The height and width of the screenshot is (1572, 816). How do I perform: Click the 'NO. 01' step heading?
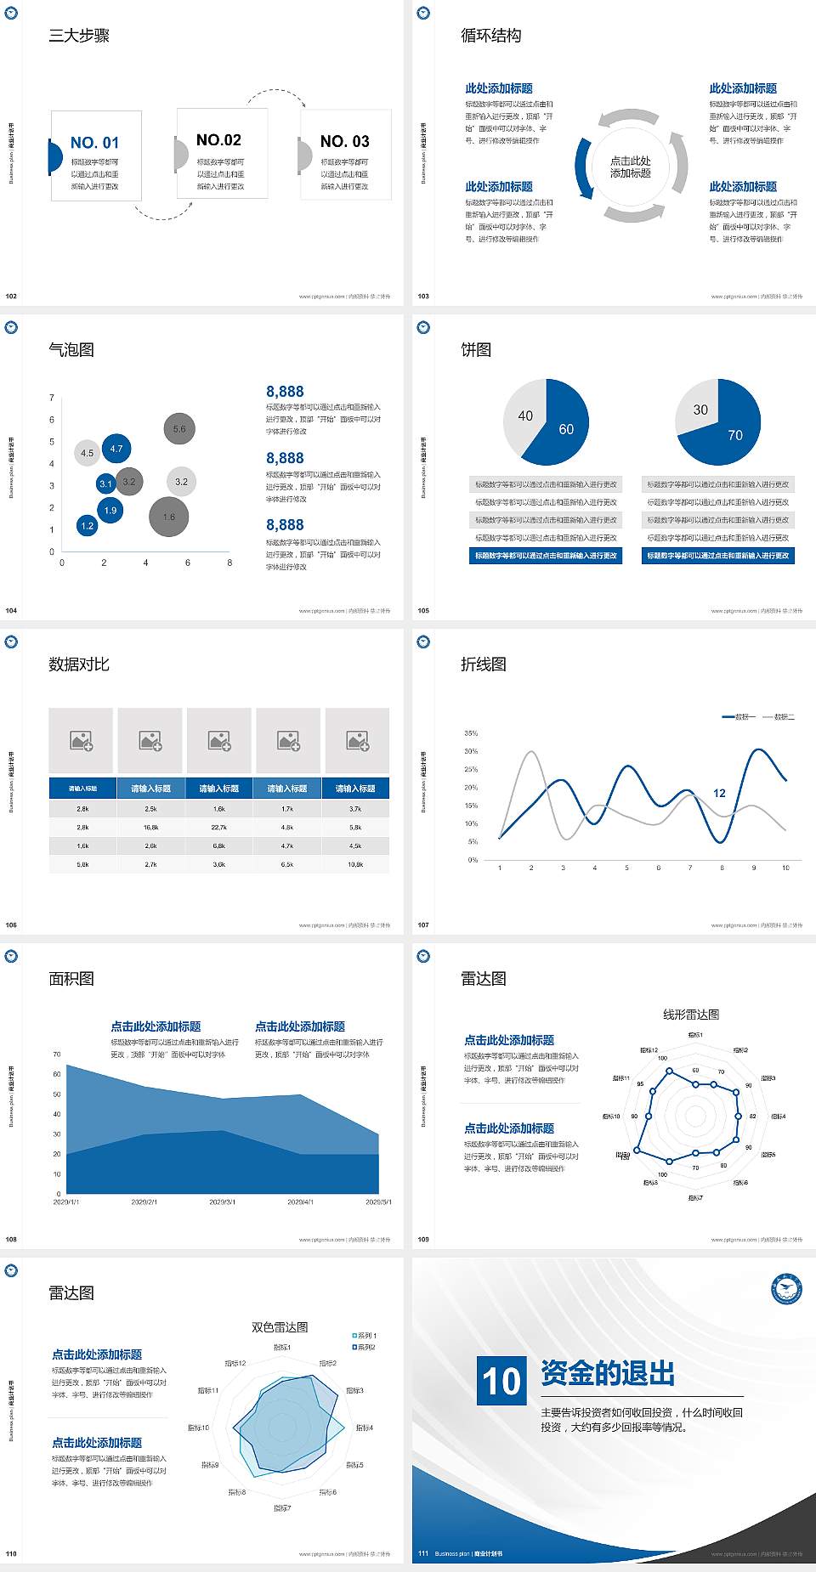tap(94, 143)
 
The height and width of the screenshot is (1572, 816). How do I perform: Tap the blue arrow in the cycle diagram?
tap(582, 168)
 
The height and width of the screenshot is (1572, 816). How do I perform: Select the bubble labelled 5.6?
tap(179, 429)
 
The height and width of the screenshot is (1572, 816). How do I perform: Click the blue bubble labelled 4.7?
tap(116, 449)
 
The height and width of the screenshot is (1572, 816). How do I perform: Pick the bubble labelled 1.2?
tap(87, 526)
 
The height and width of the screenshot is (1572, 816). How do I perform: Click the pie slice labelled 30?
tap(699, 410)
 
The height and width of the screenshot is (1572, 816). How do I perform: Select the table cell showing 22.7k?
tap(219, 827)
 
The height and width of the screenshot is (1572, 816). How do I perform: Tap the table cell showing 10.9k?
tap(355, 864)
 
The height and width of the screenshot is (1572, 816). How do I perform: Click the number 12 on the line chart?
tap(719, 793)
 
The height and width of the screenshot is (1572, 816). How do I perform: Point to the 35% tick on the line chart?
tap(471, 732)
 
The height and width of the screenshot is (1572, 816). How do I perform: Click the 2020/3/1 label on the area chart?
tap(222, 1202)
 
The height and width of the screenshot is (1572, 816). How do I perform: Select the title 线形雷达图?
tap(691, 1014)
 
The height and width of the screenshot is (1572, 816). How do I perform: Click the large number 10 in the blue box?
tap(501, 1381)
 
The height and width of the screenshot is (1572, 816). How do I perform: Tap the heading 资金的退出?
tap(608, 1373)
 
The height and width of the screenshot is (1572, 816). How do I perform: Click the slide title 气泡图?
tap(71, 349)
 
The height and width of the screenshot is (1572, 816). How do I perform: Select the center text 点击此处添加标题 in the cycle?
tap(631, 167)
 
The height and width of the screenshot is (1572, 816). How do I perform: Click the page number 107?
tap(423, 925)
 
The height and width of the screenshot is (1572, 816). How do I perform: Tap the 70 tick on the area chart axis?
tap(57, 1055)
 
